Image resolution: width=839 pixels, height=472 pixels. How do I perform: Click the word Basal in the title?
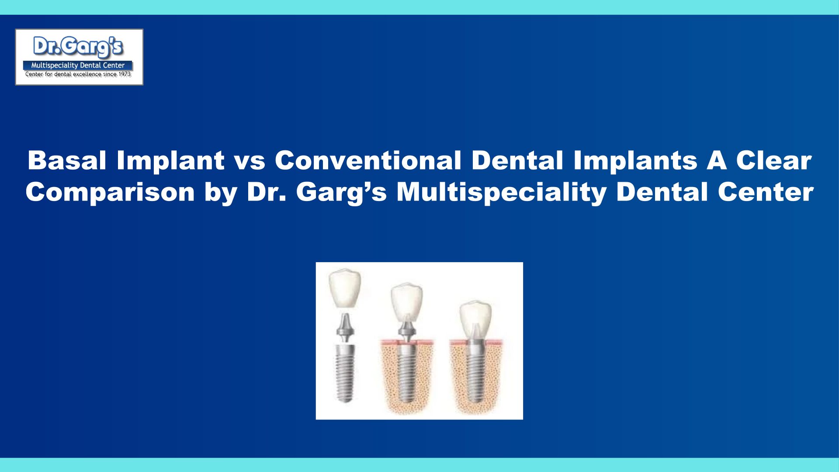(67, 160)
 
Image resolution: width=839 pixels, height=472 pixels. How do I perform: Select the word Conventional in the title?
(368, 160)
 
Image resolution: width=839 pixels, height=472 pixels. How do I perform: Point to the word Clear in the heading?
(774, 160)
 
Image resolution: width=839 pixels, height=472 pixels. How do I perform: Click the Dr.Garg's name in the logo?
(78, 47)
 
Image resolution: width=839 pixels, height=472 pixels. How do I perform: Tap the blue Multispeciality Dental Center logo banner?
(78, 66)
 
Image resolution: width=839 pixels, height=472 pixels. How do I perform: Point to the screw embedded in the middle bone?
(407, 371)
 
